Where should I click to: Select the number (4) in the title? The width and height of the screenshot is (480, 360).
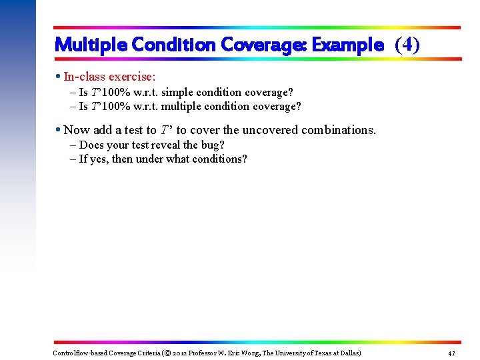[x=407, y=45]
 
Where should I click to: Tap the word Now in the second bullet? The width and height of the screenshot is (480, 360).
[x=77, y=130]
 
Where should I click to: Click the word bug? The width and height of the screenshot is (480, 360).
[x=213, y=145]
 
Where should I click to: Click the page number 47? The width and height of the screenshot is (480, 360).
[x=451, y=353]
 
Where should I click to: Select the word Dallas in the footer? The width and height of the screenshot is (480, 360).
[x=347, y=353]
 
